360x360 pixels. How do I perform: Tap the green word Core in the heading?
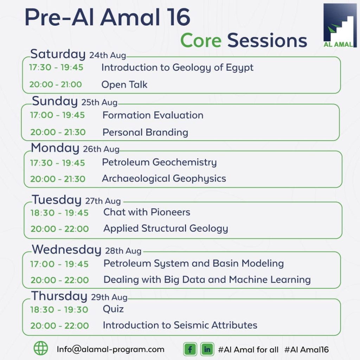click(x=201, y=40)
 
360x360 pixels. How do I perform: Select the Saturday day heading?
click(x=58, y=54)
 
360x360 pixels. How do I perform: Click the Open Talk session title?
click(x=124, y=85)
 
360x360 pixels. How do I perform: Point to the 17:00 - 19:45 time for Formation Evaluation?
click(x=57, y=115)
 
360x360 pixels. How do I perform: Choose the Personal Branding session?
click(x=145, y=133)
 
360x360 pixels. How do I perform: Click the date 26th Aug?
click(x=101, y=149)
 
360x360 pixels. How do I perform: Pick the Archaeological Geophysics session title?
click(x=164, y=179)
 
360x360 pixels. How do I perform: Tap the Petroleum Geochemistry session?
click(x=159, y=162)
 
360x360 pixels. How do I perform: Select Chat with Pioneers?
click(x=147, y=212)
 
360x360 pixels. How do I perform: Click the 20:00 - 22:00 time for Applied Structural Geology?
click(x=59, y=229)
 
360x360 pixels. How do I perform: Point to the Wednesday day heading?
click(x=66, y=250)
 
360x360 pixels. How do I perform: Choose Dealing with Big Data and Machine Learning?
click(x=207, y=280)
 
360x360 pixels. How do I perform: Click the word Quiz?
click(x=113, y=309)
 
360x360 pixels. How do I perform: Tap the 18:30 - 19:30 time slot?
click(x=59, y=310)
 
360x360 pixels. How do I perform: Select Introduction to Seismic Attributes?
click(x=180, y=325)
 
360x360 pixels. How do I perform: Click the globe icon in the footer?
click(x=41, y=348)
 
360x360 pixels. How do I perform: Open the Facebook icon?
click(x=190, y=349)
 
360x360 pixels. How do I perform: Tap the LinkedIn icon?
click(x=207, y=349)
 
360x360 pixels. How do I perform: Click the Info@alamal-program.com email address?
click(x=110, y=349)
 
